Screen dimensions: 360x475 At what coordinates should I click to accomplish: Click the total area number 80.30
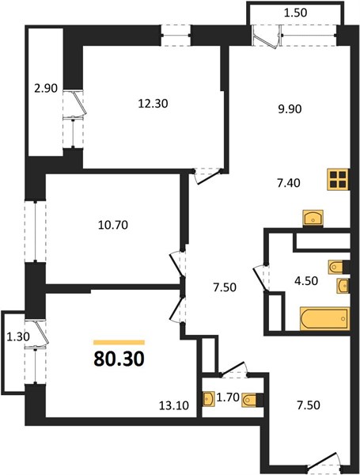click(x=119, y=359)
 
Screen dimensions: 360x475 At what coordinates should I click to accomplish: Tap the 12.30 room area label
click(x=153, y=104)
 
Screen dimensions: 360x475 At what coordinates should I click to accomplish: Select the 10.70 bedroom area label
click(x=113, y=225)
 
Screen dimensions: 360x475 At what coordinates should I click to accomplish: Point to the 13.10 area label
click(x=174, y=405)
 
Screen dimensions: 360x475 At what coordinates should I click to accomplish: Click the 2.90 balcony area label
click(x=46, y=89)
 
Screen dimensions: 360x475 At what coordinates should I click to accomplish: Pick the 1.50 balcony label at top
click(x=295, y=13)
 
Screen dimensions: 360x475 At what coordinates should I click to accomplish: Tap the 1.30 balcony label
click(x=18, y=336)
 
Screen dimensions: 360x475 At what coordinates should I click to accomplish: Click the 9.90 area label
click(x=290, y=108)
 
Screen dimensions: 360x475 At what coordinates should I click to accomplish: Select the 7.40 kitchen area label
click(x=289, y=183)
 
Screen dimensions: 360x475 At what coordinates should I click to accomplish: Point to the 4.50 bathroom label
click(x=306, y=281)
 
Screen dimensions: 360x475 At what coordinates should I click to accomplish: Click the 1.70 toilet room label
click(x=228, y=397)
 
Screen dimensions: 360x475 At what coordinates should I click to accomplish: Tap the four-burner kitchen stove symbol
click(x=338, y=180)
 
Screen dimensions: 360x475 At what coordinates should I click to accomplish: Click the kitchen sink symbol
click(x=313, y=218)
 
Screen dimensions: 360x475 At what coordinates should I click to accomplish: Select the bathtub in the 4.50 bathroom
click(x=325, y=319)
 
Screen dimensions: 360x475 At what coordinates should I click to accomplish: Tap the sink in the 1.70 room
click(x=207, y=400)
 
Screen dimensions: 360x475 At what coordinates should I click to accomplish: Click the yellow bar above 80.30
click(x=119, y=343)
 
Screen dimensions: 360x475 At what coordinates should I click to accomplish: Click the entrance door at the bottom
click(x=324, y=463)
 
